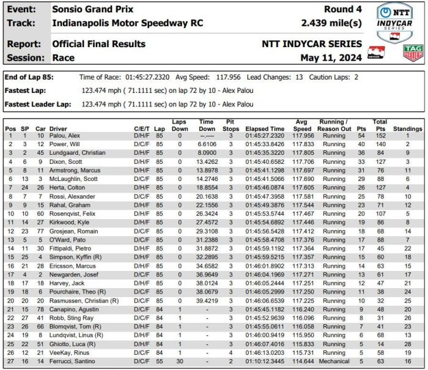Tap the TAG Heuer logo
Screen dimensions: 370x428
(413, 52)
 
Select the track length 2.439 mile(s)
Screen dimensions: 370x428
(331, 23)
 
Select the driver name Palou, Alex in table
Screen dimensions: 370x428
(64, 136)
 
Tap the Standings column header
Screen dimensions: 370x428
(407, 129)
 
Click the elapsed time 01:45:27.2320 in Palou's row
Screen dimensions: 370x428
(265, 136)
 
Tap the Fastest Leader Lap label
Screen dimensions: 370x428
(35, 104)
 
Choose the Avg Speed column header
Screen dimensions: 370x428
(302, 125)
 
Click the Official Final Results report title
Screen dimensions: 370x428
(98, 44)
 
